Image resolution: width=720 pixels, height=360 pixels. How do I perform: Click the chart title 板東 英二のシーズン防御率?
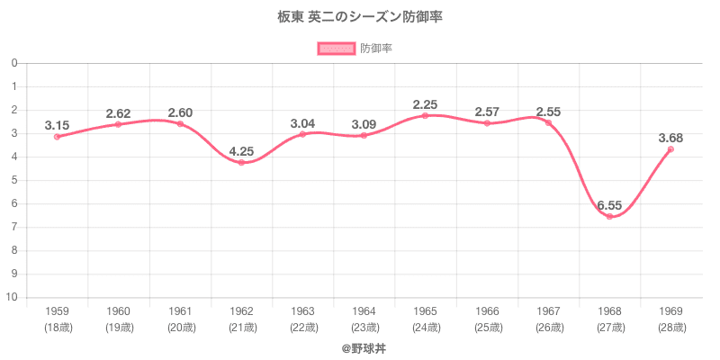(360, 17)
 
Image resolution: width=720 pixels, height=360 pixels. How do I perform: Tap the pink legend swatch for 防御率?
(337, 49)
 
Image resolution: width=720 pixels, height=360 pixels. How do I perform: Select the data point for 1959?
(57, 137)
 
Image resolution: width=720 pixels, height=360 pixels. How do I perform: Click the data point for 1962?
(241, 162)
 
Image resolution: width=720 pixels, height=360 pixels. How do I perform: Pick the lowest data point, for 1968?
(609, 216)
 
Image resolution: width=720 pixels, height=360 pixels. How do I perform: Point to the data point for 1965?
(425, 115)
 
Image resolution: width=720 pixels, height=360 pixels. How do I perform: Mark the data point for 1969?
(670, 148)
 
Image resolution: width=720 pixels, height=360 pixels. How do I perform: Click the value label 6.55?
(609, 202)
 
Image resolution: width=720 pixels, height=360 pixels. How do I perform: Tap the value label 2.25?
(425, 104)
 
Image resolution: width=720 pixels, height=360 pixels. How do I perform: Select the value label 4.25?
(241, 150)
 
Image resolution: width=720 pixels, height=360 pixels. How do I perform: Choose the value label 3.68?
(670, 137)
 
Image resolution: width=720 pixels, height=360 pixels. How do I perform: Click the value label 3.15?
(57, 125)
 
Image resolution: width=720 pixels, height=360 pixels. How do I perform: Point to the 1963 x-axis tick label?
(302, 310)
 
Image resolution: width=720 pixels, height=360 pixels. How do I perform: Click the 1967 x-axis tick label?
(548, 310)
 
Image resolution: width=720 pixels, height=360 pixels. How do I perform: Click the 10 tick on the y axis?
(15, 297)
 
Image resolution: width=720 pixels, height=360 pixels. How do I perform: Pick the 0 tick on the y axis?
(15, 63)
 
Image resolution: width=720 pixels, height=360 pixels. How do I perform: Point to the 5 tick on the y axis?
(15, 180)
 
